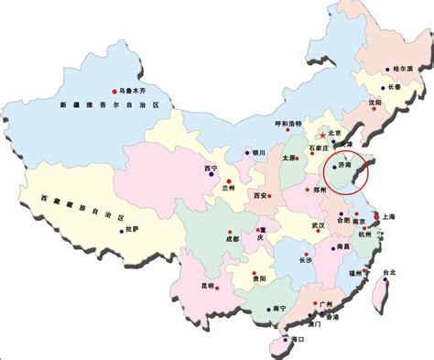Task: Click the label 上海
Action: (388, 217)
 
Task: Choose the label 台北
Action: (389, 272)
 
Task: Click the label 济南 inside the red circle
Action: (346, 168)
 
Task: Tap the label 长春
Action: (395, 87)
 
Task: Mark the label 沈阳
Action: (374, 104)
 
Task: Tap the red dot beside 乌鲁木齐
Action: (115, 90)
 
